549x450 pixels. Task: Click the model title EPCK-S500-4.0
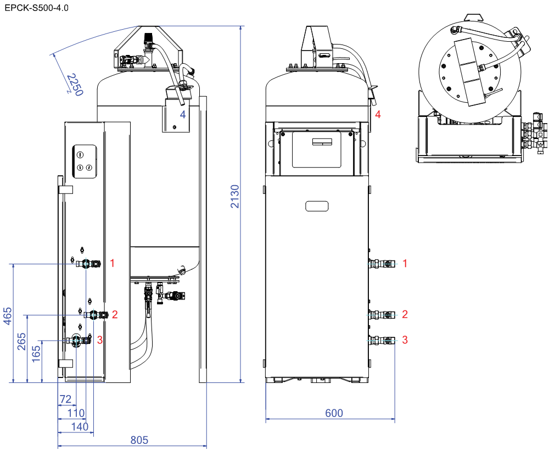click(x=36, y=8)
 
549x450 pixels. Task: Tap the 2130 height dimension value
click(x=235, y=196)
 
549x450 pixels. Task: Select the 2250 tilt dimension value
click(x=75, y=85)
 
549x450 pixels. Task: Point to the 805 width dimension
click(x=139, y=440)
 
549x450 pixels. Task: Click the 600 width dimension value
click(x=334, y=413)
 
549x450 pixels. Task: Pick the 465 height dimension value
click(x=8, y=316)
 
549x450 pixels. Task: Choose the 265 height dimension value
click(x=22, y=341)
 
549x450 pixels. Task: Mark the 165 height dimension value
click(x=36, y=354)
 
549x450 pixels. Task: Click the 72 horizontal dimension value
click(x=65, y=399)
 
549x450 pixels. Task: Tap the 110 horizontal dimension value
click(x=76, y=413)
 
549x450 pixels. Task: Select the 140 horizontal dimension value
click(x=80, y=426)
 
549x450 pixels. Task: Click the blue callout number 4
click(x=183, y=114)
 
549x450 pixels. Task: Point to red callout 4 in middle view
click(x=378, y=114)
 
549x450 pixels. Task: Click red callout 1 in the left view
click(x=113, y=263)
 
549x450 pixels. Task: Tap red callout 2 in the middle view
click(x=405, y=314)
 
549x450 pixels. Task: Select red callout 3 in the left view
click(x=100, y=340)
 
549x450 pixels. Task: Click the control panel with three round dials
click(x=85, y=162)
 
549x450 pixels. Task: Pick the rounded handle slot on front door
click(x=317, y=206)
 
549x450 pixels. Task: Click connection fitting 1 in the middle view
click(x=382, y=264)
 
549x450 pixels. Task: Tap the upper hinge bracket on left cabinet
click(x=65, y=190)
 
